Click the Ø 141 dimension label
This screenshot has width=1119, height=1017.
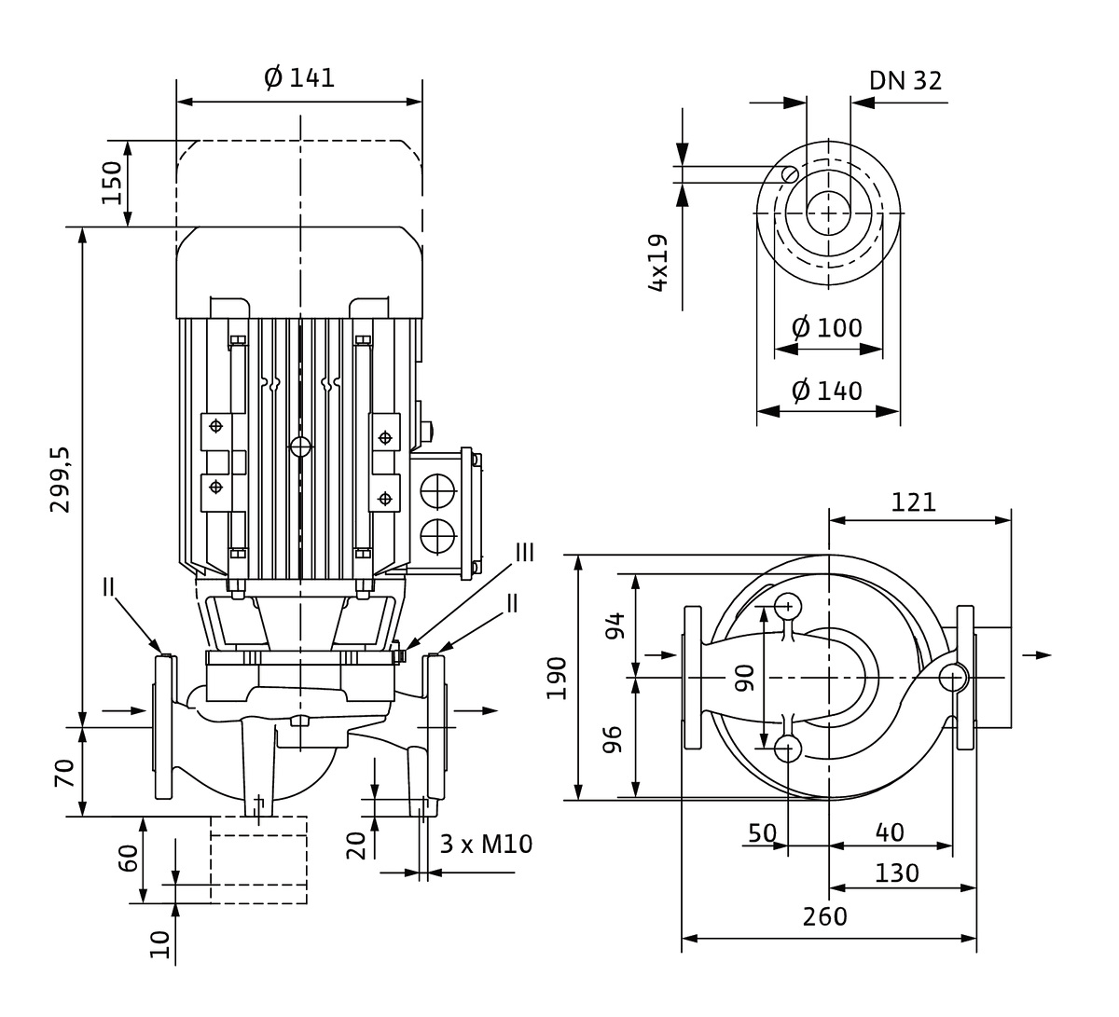coord(299,78)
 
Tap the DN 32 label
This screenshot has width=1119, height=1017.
coord(905,81)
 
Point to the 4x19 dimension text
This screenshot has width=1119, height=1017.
coord(658,264)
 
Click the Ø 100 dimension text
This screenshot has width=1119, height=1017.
coord(826,328)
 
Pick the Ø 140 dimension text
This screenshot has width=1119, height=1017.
coord(826,391)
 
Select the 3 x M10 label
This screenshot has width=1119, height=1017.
coord(485,845)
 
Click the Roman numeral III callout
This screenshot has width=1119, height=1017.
coord(525,553)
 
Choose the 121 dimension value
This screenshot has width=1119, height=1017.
coord(913,502)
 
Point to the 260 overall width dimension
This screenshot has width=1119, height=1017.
coord(825,917)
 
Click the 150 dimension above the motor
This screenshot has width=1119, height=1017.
coord(112,183)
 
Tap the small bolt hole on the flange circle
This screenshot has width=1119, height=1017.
coord(790,173)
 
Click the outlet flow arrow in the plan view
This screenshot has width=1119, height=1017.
coord(1036,655)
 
